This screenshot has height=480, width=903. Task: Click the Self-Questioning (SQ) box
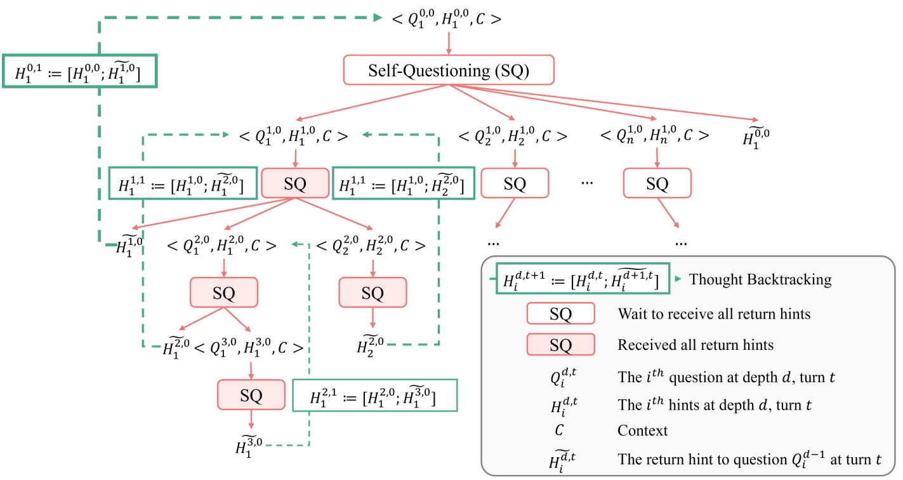click(x=449, y=70)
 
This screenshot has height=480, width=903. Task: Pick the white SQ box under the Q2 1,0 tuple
click(x=515, y=184)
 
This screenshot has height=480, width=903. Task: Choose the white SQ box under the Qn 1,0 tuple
click(x=657, y=184)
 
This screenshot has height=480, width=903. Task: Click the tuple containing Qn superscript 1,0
click(x=654, y=135)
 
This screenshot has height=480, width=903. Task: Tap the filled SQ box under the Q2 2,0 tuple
click(x=372, y=293)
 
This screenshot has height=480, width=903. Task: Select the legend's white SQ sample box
click(x=560, y=314)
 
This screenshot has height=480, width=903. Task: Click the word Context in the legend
click(x=642, y=430)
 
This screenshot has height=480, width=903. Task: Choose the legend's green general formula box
click(x=582, y=280)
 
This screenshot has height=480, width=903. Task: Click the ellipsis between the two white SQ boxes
click(x=586, y=183)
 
